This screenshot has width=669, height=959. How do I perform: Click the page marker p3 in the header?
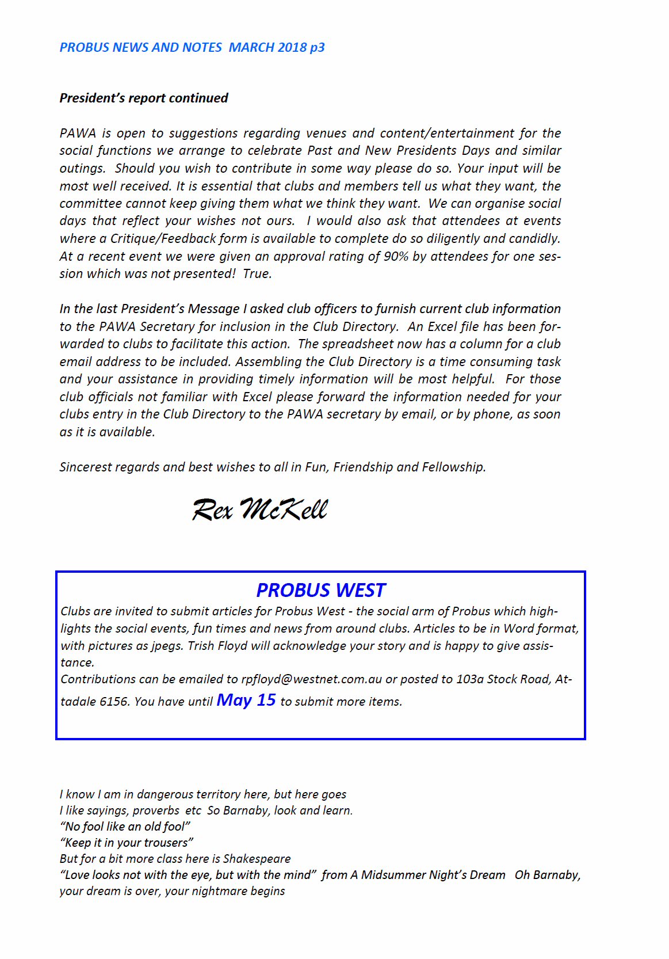tap(317, 47)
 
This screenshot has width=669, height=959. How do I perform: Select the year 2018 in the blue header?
tap(292, 47)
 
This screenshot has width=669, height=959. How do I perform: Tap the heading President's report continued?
tap(144, 98)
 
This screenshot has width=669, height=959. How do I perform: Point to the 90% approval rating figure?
tap(396, 256)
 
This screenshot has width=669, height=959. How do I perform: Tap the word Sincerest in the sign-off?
tap(85, 467)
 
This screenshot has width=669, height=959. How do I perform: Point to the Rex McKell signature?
tap(259, 509)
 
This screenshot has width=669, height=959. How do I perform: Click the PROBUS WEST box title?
tap(320, 590)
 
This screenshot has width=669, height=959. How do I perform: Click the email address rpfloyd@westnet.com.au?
tap(311, 679)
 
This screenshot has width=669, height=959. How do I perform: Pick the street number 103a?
tap(469, 679)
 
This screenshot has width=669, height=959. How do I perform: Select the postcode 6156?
tap(114, 702)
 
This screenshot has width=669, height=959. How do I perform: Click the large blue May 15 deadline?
tap(246, 700)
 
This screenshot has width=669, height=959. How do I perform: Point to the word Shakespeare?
tap(257, 859)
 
